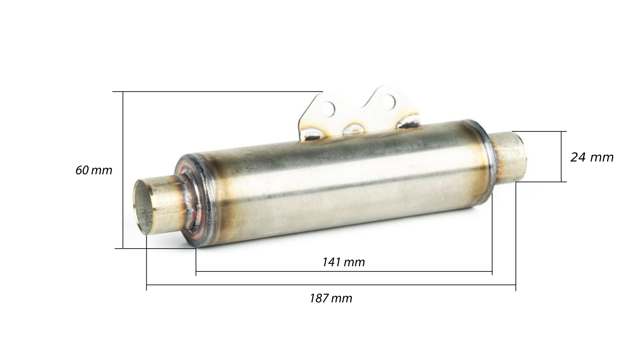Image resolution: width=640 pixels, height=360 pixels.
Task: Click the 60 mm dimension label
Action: point(94,170)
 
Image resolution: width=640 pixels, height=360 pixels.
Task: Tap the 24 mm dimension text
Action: point(592,157)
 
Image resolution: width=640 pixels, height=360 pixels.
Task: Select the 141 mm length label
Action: point(343,262)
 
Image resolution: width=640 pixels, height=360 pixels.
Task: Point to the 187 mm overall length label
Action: point(331,298)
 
